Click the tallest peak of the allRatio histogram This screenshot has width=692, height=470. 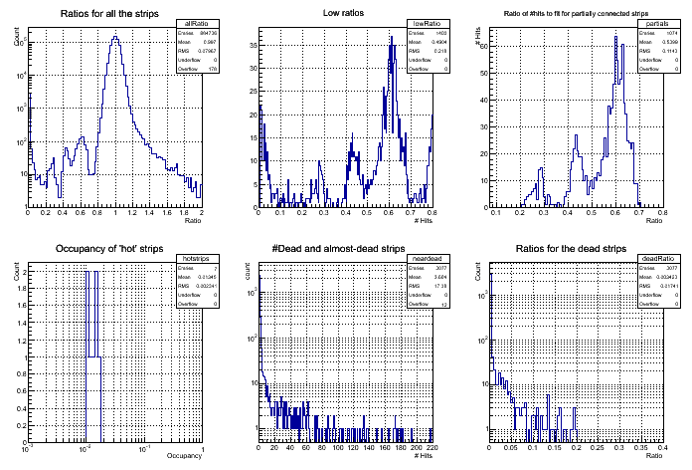tap(115, 38)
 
